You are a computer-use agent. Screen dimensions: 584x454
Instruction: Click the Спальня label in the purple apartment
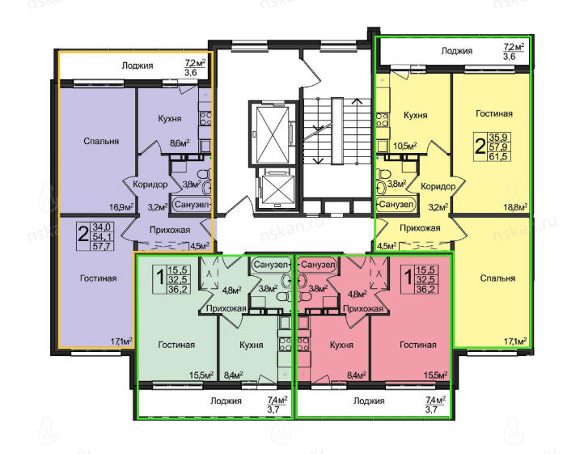[x=101, y=142]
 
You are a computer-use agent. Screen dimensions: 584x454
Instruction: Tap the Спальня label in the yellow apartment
[x=497, y=278]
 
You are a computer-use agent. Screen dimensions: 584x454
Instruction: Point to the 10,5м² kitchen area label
[x=405, y=146]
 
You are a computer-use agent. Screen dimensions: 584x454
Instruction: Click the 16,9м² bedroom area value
[x=121, y=206]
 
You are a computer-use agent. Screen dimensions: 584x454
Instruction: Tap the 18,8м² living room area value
[x=515, y=207]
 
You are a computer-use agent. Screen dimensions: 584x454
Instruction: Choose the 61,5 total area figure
[x=499, y=156]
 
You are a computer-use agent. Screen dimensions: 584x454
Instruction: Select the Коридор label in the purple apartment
[x=150, y=185]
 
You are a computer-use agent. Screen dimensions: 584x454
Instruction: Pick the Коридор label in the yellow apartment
[x=438, y=186]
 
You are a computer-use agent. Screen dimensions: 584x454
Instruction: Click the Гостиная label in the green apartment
[x=176, y=345]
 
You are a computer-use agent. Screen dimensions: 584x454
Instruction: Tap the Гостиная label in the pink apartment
[x=418, y=345]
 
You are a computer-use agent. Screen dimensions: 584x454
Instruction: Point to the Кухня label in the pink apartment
[x=341, y=345]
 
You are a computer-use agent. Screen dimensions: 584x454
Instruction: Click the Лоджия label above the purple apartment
[x=137, y=66]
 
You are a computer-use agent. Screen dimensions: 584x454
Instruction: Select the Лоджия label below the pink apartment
[x=369, y=401]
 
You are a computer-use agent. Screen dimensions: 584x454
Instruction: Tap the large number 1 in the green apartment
[x=160, y=277]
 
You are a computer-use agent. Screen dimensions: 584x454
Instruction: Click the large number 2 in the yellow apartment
[x=480, y=146]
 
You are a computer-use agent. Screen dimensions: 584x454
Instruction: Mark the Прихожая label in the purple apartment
[x=170, y=231]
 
